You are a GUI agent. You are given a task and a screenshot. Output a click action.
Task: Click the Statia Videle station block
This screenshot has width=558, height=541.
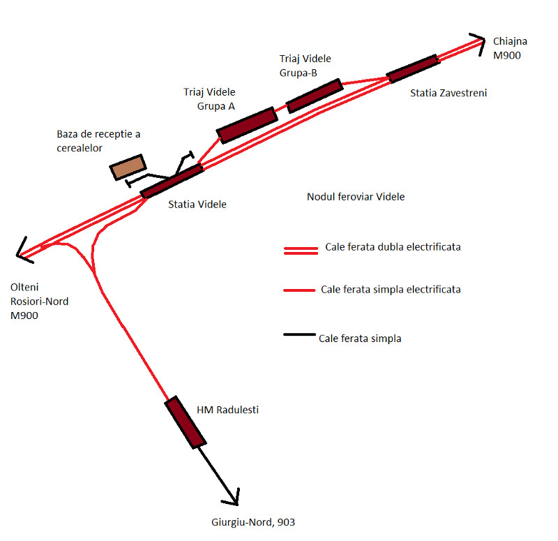[x=172, y=181]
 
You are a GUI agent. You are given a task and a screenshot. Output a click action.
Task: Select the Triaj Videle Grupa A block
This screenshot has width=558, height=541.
[x=247, y=125]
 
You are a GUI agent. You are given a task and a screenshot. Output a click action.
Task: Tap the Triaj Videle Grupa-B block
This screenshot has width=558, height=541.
[x=314, y=96]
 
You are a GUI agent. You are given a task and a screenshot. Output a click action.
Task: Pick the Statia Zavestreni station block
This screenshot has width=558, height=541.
[x=413, y=68]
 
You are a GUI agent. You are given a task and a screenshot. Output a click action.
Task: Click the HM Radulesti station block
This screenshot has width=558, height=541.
[x=186, y=422]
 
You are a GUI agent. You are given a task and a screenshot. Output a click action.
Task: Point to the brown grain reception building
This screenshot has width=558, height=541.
[x=128, y=167]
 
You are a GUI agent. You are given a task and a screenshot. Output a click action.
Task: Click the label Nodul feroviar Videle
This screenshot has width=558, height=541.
[x=356, y=197]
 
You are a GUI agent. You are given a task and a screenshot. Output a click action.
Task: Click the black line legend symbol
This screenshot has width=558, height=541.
[x=299, y=336]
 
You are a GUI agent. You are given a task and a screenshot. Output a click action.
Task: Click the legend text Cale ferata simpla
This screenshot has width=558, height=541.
[x=360, y=339]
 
